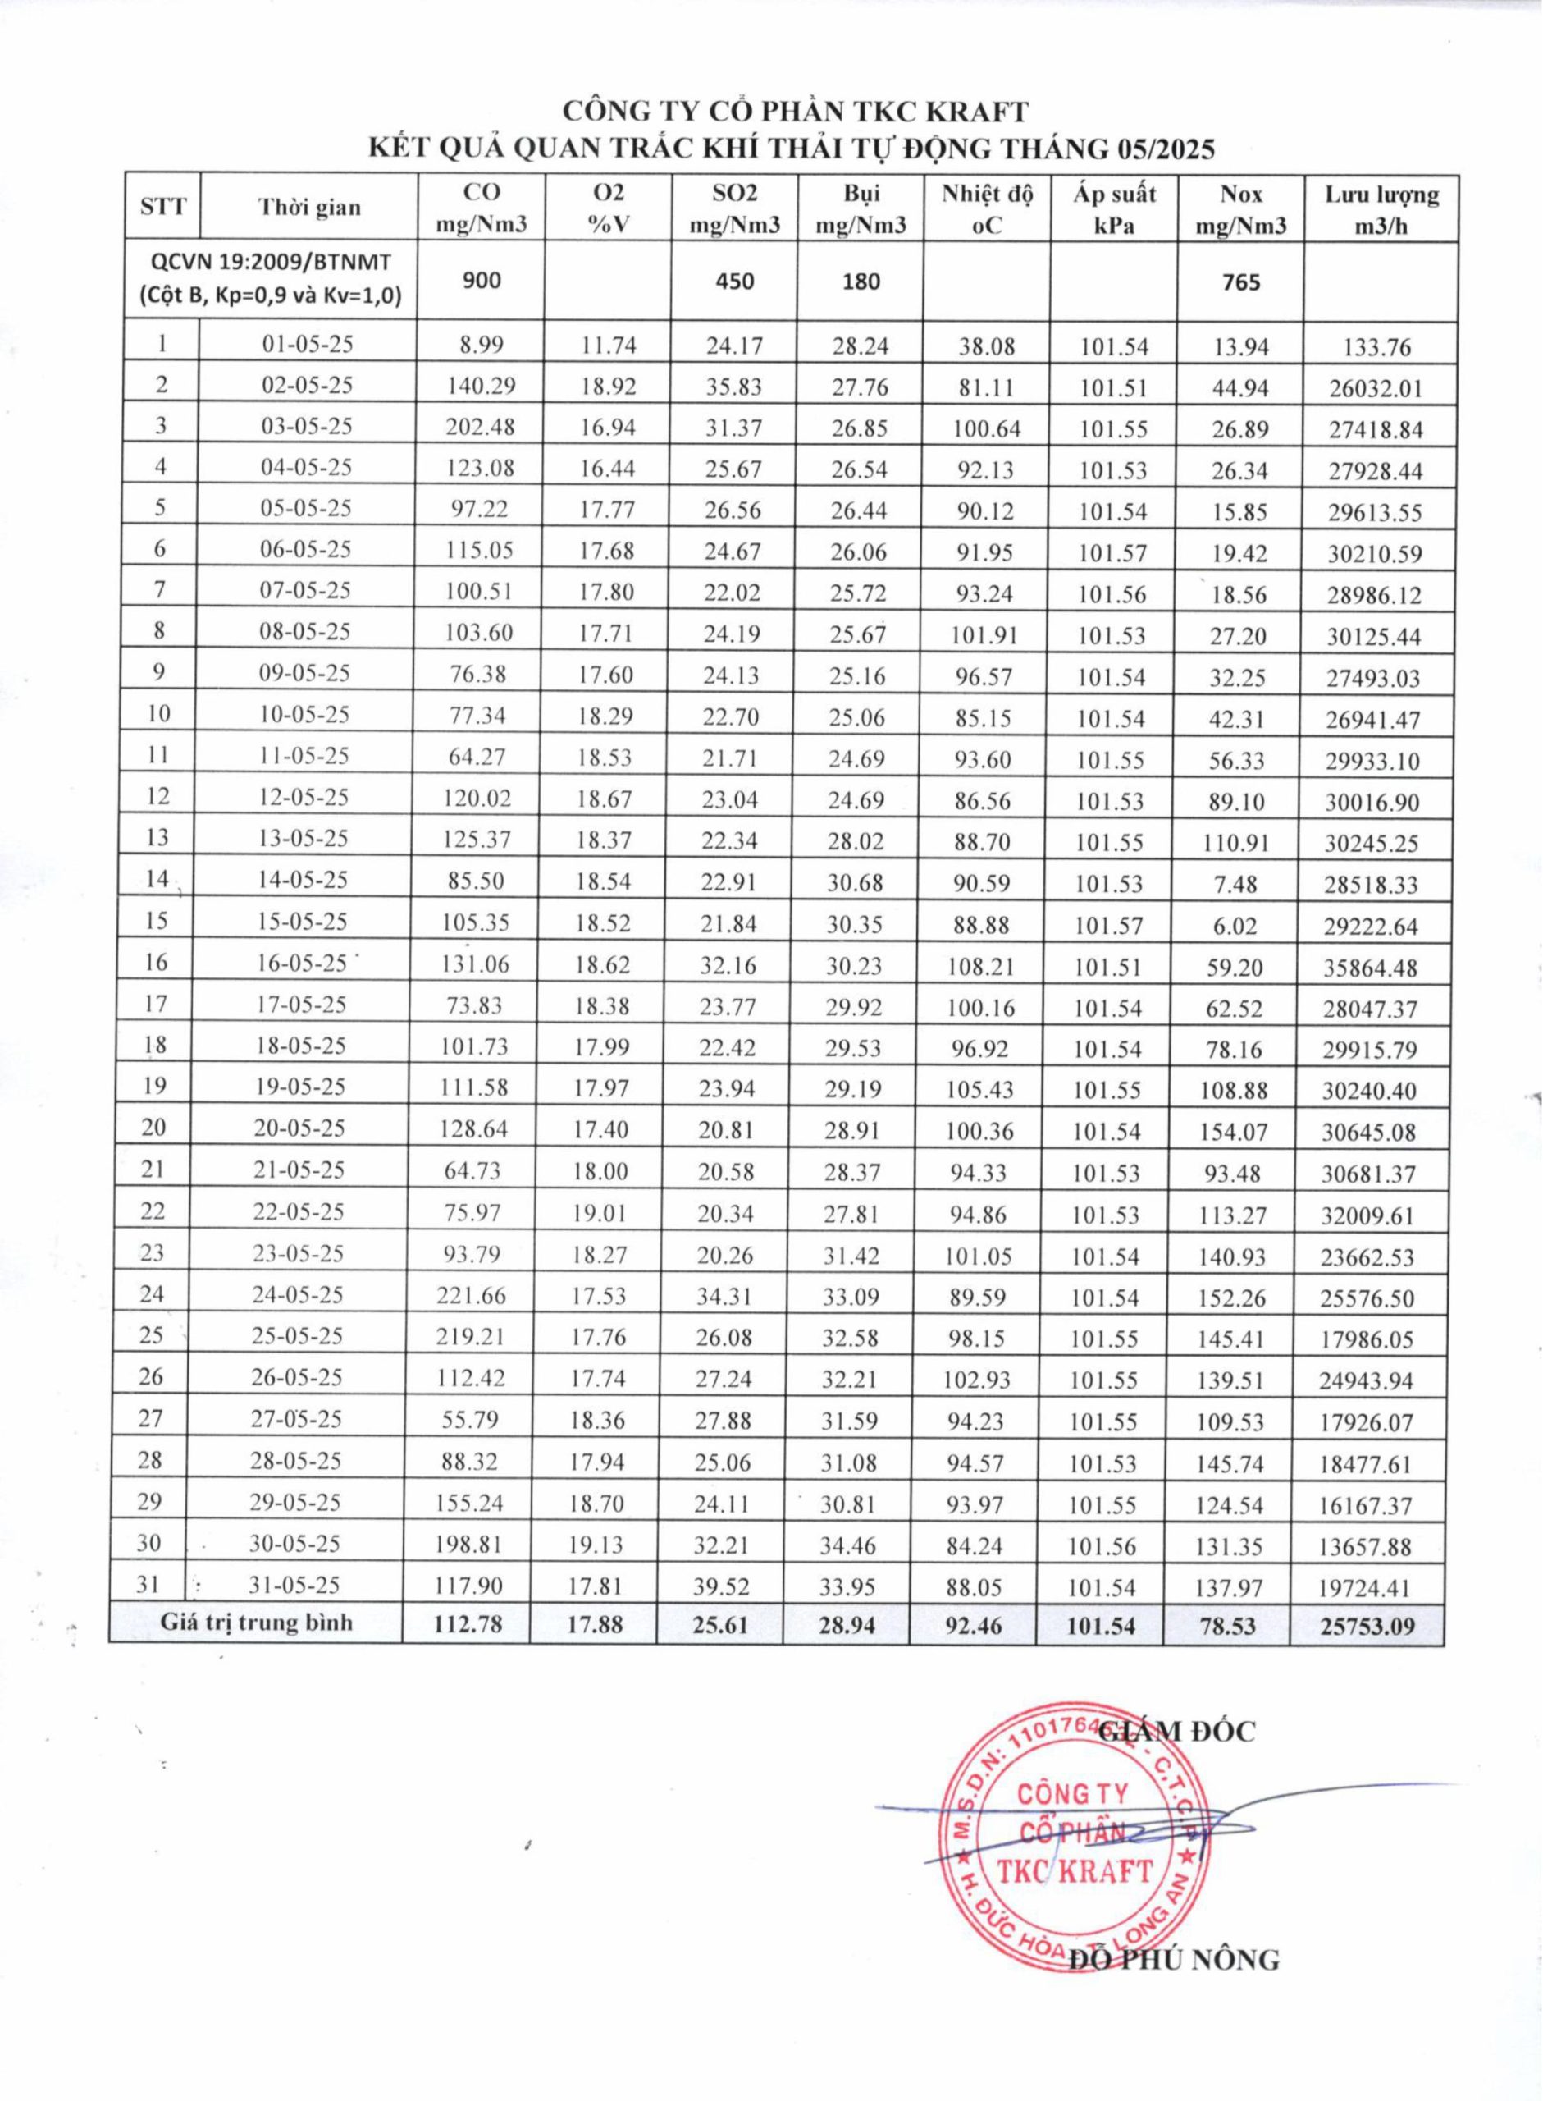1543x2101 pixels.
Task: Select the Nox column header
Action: pos(1240,209)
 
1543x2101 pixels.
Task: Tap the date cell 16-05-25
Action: pos(302,964)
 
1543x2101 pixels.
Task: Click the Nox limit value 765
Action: pos(1239,282)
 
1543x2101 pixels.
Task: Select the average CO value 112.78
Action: pos(468,1624)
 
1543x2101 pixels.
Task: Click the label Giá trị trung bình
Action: pos(256,1622)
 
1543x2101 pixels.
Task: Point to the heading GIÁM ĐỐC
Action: pos(1178,1731)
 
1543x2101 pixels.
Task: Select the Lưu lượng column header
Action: pos(1381,209)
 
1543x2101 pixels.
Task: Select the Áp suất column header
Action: pos(1114,209)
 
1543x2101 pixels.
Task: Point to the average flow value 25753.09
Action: pos(1367,1627)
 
